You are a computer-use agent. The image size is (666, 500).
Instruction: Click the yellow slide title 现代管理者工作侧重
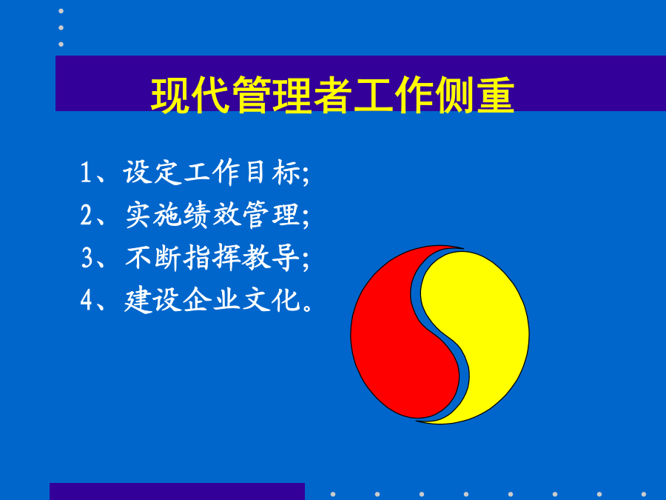pyautogui.click(x=332, y=95)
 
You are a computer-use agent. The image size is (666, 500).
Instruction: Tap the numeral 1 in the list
pyautogui.click(x=85, y=172)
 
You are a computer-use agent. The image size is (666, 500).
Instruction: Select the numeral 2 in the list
pyautogui.click(x=87, y=215)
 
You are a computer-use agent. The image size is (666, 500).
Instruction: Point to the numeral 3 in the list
pyautogui.click(x=87, y=257)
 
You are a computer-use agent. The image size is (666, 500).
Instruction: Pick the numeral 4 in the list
pyautogui.click(x=87, y=300)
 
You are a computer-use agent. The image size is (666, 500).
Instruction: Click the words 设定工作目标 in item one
pyautogui.click(x=212, y=172)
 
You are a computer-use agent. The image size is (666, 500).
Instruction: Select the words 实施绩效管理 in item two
pyautogui.click(x=213, y=215)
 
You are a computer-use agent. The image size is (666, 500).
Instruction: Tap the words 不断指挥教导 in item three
pyautogui.click(x=212, y=257)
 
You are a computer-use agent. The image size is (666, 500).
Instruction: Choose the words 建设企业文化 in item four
pyautogui.click(x=212, y=300)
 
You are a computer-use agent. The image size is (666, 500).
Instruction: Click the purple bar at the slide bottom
pyautogui.click(x=177, y=492)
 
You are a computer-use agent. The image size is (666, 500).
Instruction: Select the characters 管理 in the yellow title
pyautogui.click(x=272, y=95)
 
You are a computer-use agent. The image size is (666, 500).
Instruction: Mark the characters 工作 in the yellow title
pyautogui.click(x=394, y=95)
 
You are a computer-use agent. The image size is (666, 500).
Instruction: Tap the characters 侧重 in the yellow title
pyautogui.click(x=474, y=95)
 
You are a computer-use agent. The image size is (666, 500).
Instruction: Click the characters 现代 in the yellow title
pyautogui.click(x=191, y=95)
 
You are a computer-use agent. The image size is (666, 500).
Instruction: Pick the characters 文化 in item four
pyautogui.click(x=272, y=300)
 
